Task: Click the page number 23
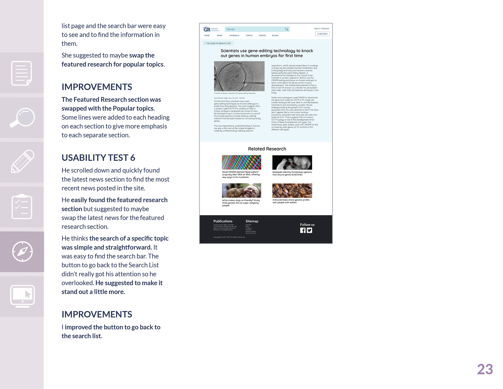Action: (485, 369)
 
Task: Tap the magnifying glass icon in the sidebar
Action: (22, 118)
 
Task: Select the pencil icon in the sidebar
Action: (23, 161)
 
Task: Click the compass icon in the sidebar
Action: (23, 251)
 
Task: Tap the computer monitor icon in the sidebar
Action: (23, 296)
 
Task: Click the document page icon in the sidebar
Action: (22, 73)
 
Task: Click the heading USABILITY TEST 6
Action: (98, 158)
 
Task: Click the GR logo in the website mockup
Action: (207, 29)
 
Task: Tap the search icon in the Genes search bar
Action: (287, 29)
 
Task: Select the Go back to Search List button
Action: (218, 43)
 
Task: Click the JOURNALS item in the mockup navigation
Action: (234, 36)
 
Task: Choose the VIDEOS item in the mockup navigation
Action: (262, 36)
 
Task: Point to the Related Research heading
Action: (267, 149)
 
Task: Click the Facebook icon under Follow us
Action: (303, 230)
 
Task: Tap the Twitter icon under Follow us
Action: (309, 230)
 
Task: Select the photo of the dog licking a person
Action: (241, 191)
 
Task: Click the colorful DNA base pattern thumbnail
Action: (241, 162)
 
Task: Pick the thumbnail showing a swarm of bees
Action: (292, 191)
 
